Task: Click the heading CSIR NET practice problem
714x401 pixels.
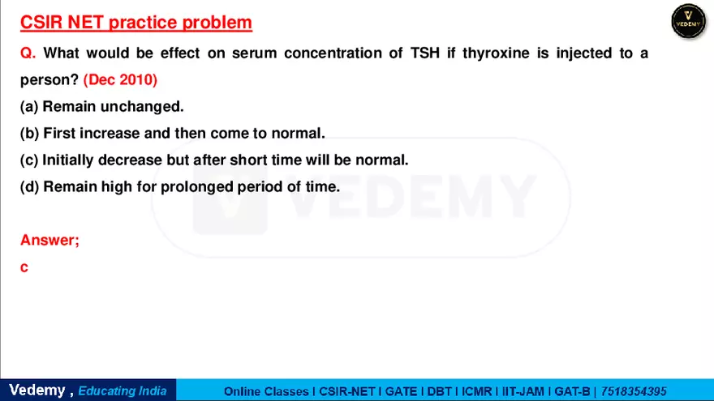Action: pyautogui.click(x=135, y=22)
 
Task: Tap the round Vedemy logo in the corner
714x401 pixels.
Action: pyautogui.click(x=689, y=22)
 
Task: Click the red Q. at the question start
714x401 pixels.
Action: pyautogui.click(x=28, y=53)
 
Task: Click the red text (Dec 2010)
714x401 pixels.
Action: pyautogui.click(x=120, y=80)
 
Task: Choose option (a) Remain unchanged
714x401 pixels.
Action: pyautogui.click(x=102, y=106)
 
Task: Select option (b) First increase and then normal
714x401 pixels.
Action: pyautogui.click(x=172, y=133)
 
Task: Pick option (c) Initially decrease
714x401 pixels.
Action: pyautogui.click(x=214, y=160)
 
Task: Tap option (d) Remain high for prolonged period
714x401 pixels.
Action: pyautogui.click(x=180, y=186)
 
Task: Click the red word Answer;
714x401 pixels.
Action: pyautogui.click(x=49, y=240)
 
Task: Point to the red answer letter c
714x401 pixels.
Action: pyautogui.click(x=24, y=267)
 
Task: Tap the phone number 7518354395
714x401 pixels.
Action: pyautogui.click(x=634, y=390)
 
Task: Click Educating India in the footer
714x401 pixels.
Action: pyautogui.click(x=122, y=390)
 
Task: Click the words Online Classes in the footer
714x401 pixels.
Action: pyautogui.click(x=267, y=390)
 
